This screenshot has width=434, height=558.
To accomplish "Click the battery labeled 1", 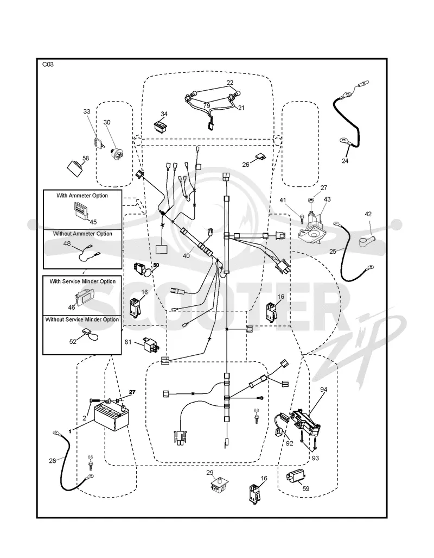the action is point(111,417).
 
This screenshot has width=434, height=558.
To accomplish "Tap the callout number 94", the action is point(323,390).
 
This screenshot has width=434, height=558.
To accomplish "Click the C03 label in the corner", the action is point(48,65).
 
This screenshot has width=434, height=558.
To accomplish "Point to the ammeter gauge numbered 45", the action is point(81,209).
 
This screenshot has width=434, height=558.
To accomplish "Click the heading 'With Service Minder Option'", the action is point(82,281).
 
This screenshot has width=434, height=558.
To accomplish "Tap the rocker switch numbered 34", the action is point(161,126).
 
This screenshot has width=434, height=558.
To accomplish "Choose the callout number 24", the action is point(345,161).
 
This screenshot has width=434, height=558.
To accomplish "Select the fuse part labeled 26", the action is point(259,156).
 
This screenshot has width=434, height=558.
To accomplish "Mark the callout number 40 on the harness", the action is point(186,255).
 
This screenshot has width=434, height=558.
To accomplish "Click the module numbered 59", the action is point(295,475).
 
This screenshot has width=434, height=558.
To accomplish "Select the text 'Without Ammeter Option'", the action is point(82,234).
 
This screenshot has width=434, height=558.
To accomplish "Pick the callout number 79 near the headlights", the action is point(207,106).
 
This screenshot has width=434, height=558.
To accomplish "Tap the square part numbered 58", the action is point(76,167).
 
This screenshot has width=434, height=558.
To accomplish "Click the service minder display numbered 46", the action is point(84,296).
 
